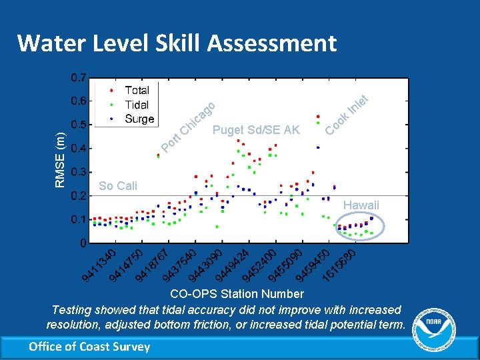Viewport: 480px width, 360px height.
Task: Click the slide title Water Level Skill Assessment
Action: pyautogui.click(x=177, y=43)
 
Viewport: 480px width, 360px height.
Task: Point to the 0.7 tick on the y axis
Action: pyautogui.click(x=78, y=78)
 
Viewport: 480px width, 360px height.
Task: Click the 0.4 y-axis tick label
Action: pyautogui.click(x=78, y=149)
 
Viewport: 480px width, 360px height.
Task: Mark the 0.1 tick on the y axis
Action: pyautogui.click(x=78, y=219)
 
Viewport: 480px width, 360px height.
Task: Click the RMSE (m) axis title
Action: pyautogui.click(x=61, y=160)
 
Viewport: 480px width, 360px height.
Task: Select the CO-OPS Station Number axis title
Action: pyautogui.click(x=237, y=294)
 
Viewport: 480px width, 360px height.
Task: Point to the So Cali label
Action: pyautogui.click(x=117, y=186)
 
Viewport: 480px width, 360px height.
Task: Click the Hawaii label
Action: pyautogui.click(x=361, y=205)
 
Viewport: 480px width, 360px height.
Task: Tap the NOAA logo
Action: pyautogui.click(x=437, y=326)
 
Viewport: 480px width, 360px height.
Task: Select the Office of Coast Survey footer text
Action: pyautogui.click(x=89, y=345)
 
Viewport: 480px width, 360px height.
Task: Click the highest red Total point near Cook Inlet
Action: pyautogui.click(x=318, y=117)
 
